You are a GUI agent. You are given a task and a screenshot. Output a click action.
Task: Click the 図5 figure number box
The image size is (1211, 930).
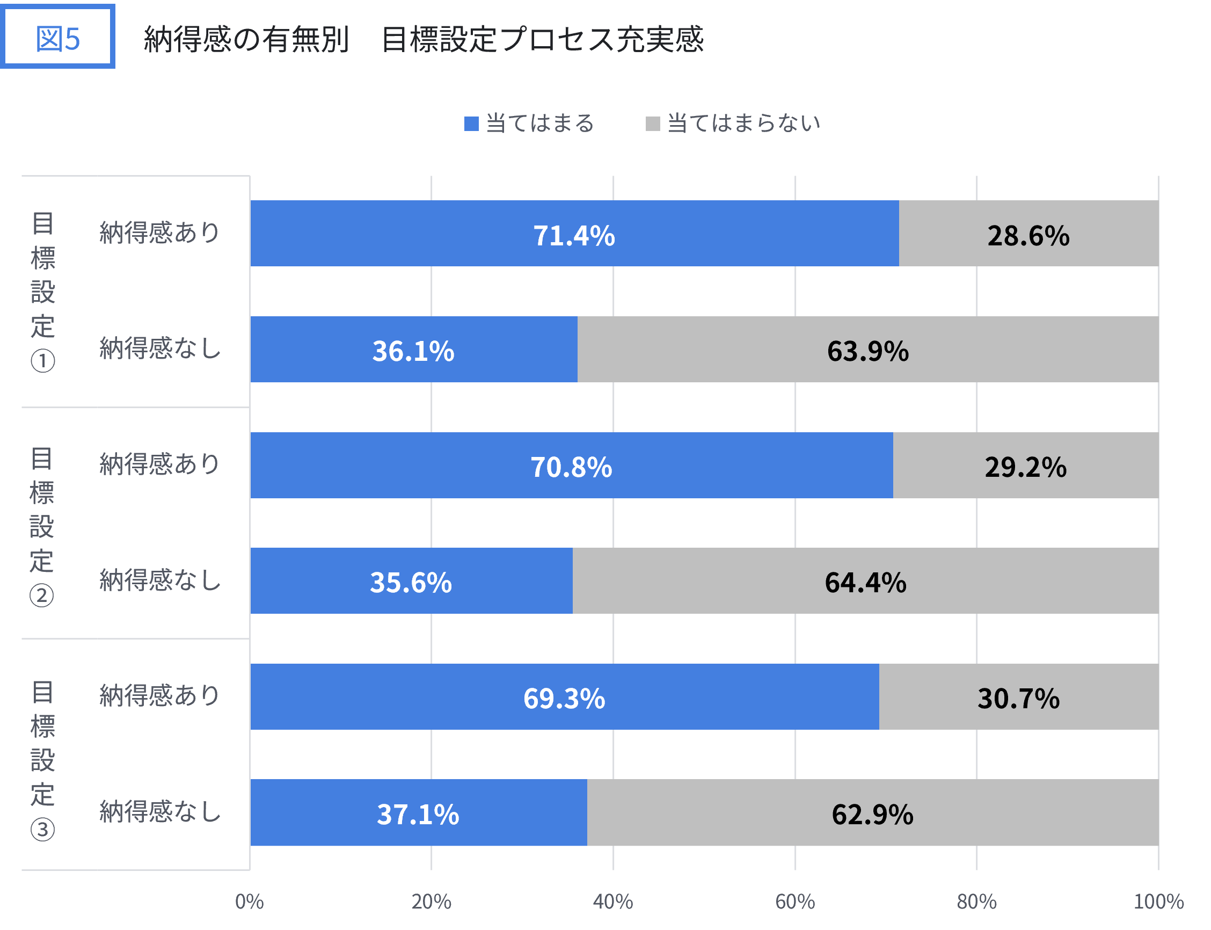pos(57,37)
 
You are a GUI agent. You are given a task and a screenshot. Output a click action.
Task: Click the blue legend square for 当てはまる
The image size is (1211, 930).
pos(471,123)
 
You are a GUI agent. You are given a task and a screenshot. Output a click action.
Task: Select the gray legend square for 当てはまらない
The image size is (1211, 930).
pos(653,123)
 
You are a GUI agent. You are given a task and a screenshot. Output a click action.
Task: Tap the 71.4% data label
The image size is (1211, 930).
pos(574,235)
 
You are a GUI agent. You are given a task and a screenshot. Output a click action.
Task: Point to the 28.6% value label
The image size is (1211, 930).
pos(1028,235)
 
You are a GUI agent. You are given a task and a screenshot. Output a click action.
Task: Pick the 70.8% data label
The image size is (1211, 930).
pos(571,467)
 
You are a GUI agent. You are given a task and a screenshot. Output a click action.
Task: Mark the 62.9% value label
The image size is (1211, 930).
pos(872,814)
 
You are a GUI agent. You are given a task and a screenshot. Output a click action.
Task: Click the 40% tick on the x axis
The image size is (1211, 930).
pos(612,902)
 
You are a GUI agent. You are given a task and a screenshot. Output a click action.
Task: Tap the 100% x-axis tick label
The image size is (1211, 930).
pos(1158,902)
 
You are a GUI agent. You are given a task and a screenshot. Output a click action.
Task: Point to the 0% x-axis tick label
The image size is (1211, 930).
pos(249,902)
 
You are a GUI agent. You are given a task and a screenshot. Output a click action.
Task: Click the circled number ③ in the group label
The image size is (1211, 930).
pos(42,829)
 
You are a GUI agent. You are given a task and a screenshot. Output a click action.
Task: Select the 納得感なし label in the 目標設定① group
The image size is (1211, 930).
pos(160,348)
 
